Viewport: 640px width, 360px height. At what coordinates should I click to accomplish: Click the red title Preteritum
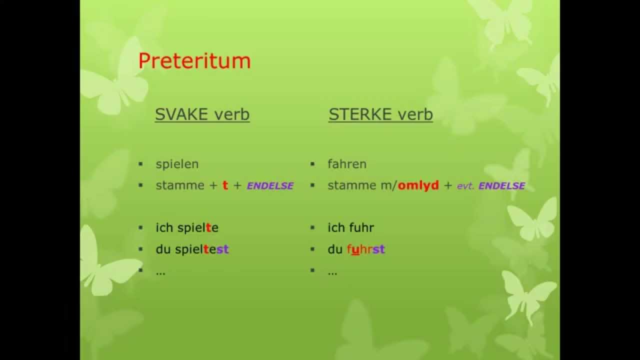194,61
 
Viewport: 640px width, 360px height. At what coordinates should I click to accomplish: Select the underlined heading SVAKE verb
202,114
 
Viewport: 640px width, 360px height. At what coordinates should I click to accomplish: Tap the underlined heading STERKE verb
380,114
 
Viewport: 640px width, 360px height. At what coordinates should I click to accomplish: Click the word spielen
177,164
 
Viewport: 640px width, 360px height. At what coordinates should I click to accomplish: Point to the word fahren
347,164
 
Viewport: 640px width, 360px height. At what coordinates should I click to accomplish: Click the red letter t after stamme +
225,185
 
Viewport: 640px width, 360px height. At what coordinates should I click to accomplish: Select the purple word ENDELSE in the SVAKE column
270,186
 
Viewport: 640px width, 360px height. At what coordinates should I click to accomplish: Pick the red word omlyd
418,185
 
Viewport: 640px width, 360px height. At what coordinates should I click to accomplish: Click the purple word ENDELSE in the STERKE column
501,186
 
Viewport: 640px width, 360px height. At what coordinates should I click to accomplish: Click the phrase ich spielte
187,228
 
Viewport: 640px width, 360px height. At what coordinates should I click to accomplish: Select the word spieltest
202,249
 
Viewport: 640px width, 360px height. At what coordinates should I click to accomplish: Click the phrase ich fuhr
350,228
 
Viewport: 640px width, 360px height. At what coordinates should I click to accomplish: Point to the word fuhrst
365,249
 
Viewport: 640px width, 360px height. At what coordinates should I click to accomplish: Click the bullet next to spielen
141,164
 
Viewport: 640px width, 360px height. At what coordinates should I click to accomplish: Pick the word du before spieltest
163,249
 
